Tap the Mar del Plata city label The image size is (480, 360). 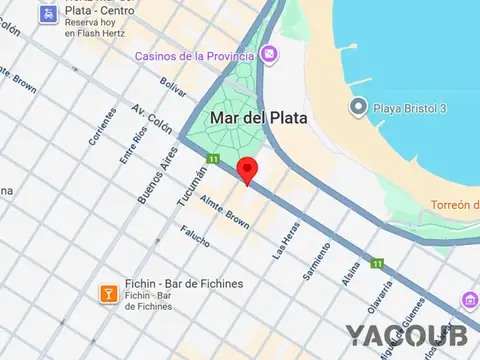click(257, 117)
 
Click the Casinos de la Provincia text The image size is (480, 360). click(198, 55)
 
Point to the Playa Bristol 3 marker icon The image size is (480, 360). click(357, 106)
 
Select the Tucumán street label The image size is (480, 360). click(197, 183)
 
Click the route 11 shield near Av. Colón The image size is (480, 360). click(213, 159)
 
